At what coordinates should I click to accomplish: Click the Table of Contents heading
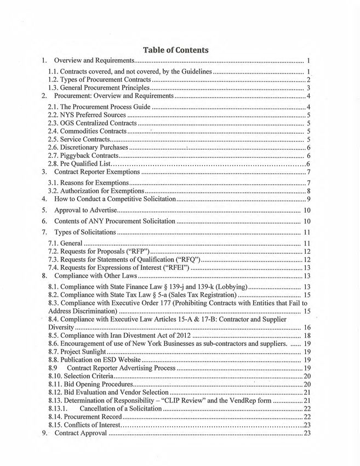pyautogui.click(x=176, y=50)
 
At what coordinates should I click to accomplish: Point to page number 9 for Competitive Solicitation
pyautogui.click(x=309, y=198)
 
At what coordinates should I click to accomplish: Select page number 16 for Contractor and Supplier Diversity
pyautogui.click(x=307, y=327)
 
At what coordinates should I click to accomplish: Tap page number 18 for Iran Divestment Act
pyautogui.click(x=307, y=335)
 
